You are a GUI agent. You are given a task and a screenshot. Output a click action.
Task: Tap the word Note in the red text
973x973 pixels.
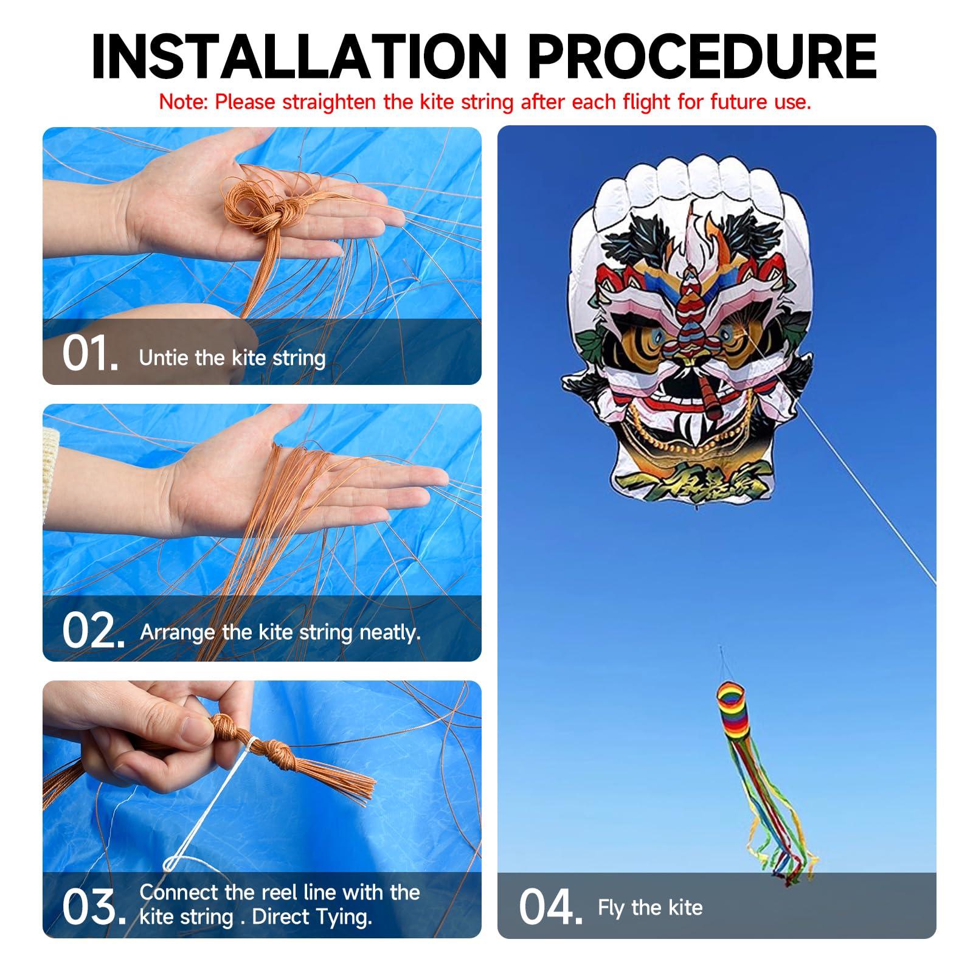pos(183,102)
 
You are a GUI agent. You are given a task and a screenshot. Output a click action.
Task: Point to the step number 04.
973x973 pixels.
pos(550,907)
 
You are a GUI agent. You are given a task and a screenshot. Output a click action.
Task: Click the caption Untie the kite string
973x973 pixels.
pos(232,358)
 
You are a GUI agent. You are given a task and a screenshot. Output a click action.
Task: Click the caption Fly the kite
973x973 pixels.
pos(650,907)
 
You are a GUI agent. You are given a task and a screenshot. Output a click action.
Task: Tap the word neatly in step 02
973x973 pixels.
pos(390,632)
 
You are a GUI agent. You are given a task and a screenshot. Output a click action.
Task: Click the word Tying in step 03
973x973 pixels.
pos(344,916)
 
